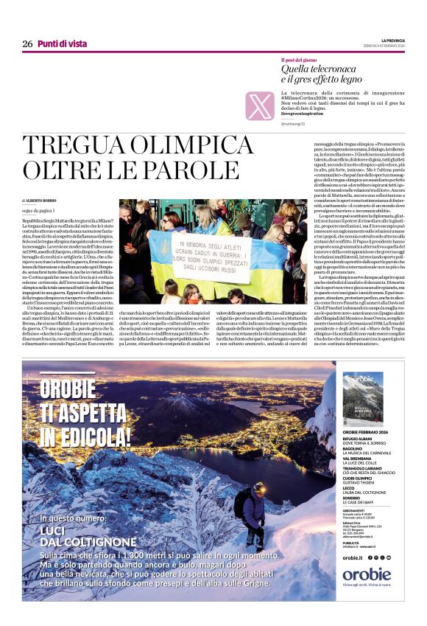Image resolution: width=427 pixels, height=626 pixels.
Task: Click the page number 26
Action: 27,44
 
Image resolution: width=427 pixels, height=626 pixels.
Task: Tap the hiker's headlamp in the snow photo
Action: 259,487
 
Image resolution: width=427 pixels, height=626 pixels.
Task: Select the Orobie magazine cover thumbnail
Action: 362,397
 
